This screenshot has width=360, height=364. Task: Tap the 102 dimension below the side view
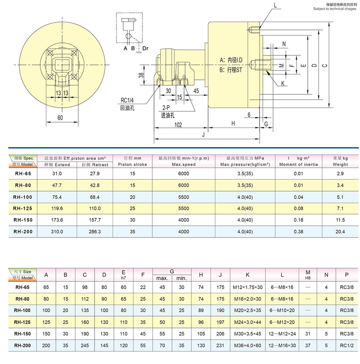click(177, 125)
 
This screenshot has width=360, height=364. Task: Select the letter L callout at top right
click(275, 5)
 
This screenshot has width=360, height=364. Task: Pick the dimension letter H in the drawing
click(233, 123)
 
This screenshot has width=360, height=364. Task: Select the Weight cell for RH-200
click(341, 232)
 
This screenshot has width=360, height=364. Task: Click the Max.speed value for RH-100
click(183, 196)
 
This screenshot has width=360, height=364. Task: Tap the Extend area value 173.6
click(57, 220)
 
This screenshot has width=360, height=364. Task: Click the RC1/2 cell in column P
click(346, 345)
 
